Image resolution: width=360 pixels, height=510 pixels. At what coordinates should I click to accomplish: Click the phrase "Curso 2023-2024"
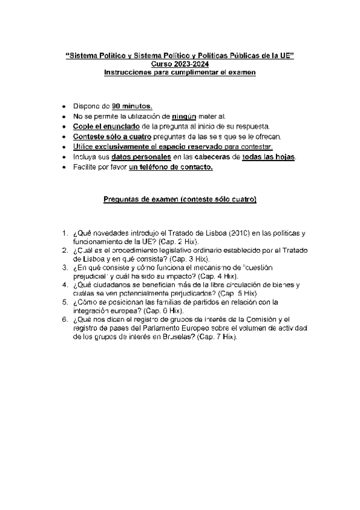[x=180, y=64]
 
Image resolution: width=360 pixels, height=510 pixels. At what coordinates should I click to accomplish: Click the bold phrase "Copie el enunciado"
[x=106, y=126]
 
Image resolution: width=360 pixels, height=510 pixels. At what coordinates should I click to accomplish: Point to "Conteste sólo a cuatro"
[x=109, y=137]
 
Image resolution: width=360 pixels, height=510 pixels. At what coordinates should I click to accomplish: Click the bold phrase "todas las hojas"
[x=268, y=157]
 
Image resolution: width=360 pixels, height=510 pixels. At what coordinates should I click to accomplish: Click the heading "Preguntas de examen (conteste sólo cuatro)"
[x=180, y=199]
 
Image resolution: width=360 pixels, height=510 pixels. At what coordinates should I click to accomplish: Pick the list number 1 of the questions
[x=64, y=233]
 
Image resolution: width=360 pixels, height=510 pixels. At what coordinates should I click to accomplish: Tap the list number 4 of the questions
[x=64, y=284]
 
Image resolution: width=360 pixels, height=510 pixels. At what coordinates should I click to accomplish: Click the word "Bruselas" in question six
[x=157, y=336]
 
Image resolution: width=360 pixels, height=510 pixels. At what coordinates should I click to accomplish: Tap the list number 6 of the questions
[x=64, y=319]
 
